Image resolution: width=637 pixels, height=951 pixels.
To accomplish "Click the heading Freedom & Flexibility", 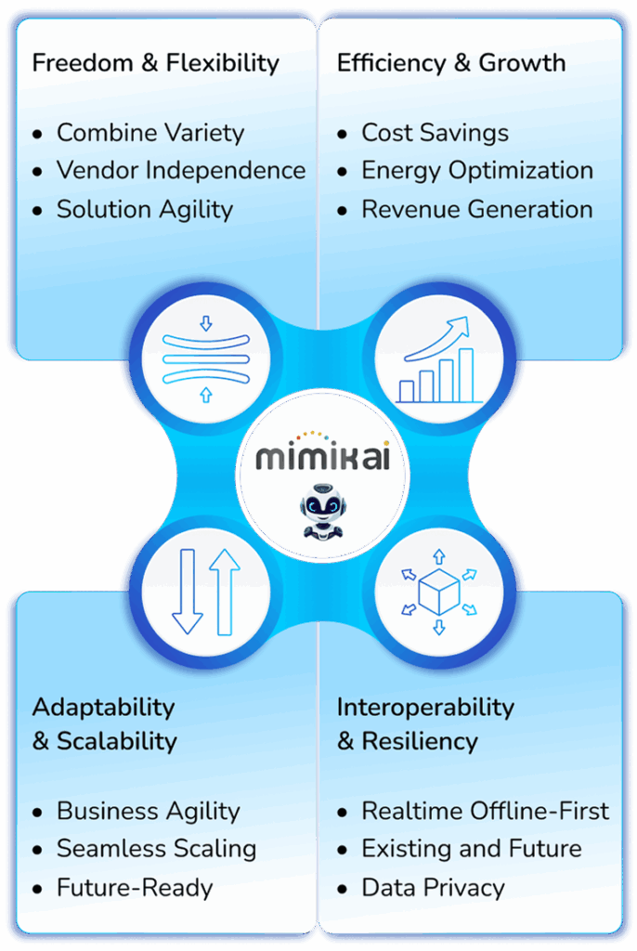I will pyautogui.click(x=155, y=63).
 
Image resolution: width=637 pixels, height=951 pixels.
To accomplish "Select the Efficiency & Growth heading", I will pyautogui.click(x=451, y=63).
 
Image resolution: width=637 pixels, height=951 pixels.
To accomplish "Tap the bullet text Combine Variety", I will pyautogui.click(x=150, y=133).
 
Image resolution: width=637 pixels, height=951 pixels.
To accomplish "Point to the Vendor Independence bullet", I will pyautogui.click(x=181, y=171).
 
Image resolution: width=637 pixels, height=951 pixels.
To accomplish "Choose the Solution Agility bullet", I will pyautogui.click(x=145, y=209).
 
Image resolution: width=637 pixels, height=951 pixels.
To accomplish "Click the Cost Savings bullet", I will pyautogui.click(x=435, y=133).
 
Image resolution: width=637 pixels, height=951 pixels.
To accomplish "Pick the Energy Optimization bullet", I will pyautogui.click(x=477, y=171).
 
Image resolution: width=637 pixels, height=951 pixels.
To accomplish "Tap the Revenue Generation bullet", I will pyautogui.click(x=477, y=209).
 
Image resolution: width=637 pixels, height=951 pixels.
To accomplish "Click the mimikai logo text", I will pyautogui.click(x=322, y=457).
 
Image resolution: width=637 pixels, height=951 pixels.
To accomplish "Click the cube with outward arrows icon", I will pyautogui.click(x=438, y=592).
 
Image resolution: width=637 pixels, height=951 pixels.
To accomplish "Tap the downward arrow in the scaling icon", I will pyautogui.click(x=187, y=592).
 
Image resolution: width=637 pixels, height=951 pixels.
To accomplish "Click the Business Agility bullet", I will pyautogui.click(x=149, y=811).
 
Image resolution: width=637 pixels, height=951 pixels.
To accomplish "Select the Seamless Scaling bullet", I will pyautogui.click(x=156, y=849).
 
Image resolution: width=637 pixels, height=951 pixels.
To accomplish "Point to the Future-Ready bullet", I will pyautogui.click(x=135, y=887).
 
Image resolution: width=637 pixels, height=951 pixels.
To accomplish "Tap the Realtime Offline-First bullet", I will pyautogui.click(x=485, y=811).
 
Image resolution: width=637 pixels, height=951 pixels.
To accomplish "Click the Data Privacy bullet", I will pyautogui.click(x=433, y=887).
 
